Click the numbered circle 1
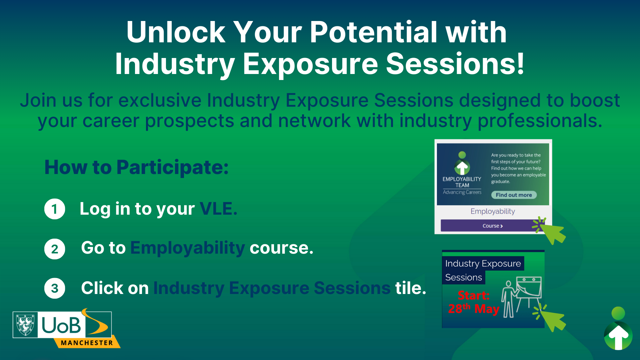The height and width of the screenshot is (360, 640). pos(55,209)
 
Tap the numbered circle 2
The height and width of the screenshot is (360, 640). pos(55,249)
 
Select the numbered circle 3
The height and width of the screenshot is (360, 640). pos(55,288)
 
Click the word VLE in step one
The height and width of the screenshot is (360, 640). pos(218,209)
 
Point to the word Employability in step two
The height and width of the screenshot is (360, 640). pos(188,248)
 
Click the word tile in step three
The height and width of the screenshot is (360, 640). pos(410,288)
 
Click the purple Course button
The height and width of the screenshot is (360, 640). pos(492,226)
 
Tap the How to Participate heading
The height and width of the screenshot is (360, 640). pos(137,167)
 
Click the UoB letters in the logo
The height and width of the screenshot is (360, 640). pos(61,325)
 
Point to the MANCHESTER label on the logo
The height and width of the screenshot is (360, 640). pos(87,343)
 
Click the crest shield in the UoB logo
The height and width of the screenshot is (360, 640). pos(25,325)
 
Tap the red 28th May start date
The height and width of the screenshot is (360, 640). pos(473,309)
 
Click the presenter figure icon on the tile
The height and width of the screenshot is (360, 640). pos(509,299)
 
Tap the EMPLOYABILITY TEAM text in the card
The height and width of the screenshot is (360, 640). pos(462,182)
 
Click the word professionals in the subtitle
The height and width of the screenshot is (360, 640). pos(540,121)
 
